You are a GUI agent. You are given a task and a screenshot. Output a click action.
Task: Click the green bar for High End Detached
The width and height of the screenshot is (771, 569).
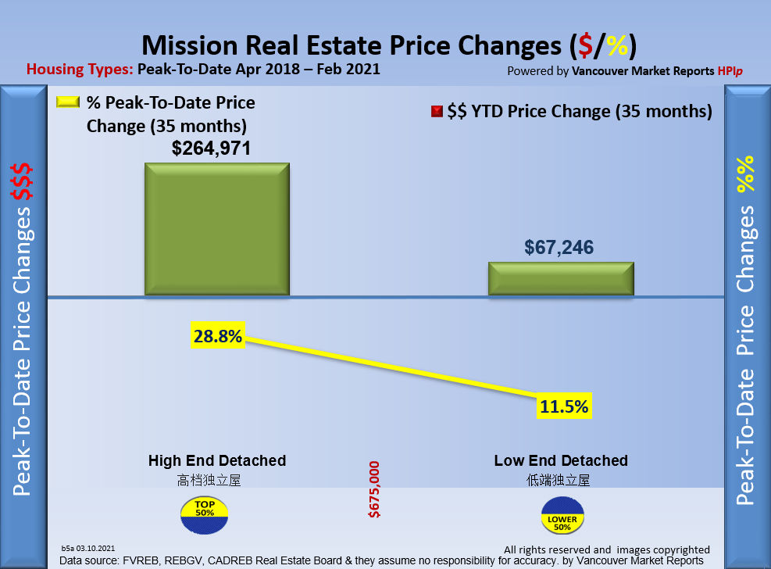(216, 229)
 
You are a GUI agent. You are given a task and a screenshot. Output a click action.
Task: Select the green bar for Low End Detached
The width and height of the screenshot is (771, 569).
(560, 278)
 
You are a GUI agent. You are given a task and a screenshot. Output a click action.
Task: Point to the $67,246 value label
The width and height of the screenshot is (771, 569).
(559, 248)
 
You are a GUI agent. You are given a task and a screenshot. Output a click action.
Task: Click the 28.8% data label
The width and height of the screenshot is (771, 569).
(218, 337)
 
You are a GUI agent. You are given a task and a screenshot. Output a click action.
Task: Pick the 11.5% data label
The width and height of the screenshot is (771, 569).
(562, 406)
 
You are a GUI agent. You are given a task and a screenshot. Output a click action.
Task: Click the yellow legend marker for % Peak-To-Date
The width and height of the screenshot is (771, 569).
(68, 103)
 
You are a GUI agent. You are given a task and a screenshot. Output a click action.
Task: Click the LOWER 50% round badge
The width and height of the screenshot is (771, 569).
(562, 517)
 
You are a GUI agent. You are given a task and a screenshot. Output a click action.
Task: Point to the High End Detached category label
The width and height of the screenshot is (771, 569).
(217, 460)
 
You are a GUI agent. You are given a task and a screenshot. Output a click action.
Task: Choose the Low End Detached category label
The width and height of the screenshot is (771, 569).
(561, 460)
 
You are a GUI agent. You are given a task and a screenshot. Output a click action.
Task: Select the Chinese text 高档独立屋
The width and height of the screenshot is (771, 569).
(209, 479)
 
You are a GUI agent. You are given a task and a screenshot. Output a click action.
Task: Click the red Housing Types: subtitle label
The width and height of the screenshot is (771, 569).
(80, 69)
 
